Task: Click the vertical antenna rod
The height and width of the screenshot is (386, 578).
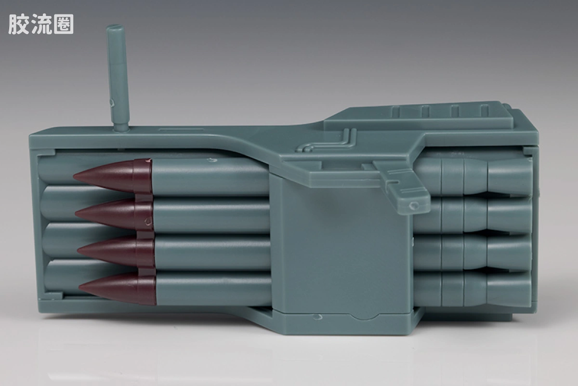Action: [x=118, y=78]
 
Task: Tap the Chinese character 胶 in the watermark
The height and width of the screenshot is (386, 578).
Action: [x=19, y=24]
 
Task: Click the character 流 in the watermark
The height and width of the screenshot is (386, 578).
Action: [x=41, y=24]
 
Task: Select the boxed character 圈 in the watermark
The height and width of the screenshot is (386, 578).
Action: [x=64, y=24]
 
